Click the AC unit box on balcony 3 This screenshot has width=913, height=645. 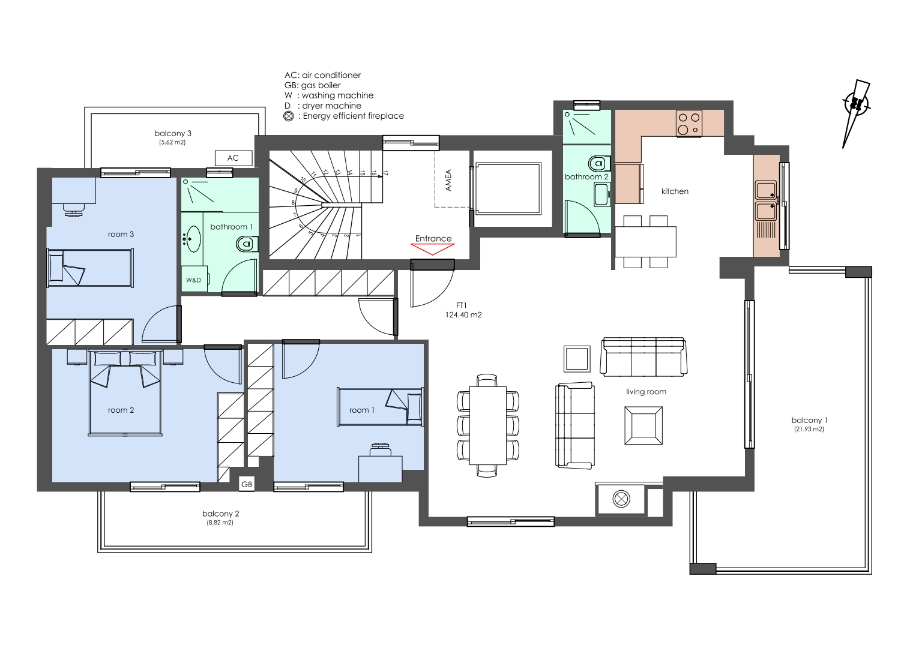click(234, 158)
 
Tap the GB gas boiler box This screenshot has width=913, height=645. click(247, 484)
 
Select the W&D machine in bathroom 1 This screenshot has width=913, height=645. click(194, 280)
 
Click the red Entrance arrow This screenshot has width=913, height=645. click(432, 249)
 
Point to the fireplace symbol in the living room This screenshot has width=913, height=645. click(621, 499)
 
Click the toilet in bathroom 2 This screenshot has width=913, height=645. click(599, 164)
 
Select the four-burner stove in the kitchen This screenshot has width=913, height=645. click(689, 124)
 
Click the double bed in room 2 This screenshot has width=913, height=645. click(125, 392)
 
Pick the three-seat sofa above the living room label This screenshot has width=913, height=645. click(643, 356)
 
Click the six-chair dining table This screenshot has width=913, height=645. click(488, 425)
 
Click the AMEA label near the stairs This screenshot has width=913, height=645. click(448, 180)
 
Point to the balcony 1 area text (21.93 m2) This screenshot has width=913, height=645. click(809, 429)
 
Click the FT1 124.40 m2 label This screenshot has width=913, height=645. click(463, 310)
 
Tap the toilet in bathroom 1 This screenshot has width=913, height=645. click(247, 244)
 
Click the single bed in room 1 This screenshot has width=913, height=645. click(381, 407)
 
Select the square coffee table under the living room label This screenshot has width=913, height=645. click(643, 425)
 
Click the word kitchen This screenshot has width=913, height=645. click(675, 191)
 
